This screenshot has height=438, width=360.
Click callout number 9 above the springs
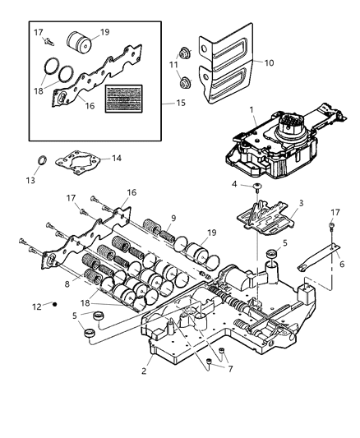[x=173, y=219]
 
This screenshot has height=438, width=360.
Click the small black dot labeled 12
[x=54, y=306]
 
